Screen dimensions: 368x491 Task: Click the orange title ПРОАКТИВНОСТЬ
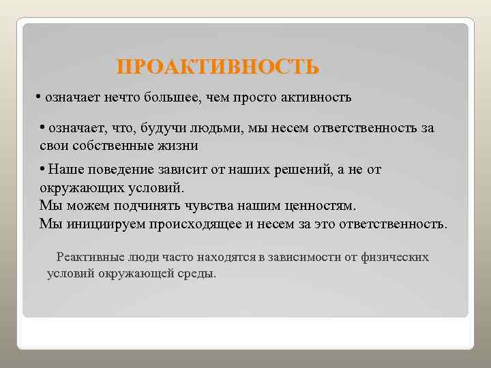tap(218, 67)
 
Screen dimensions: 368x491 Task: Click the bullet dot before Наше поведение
tap(42, 170)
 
